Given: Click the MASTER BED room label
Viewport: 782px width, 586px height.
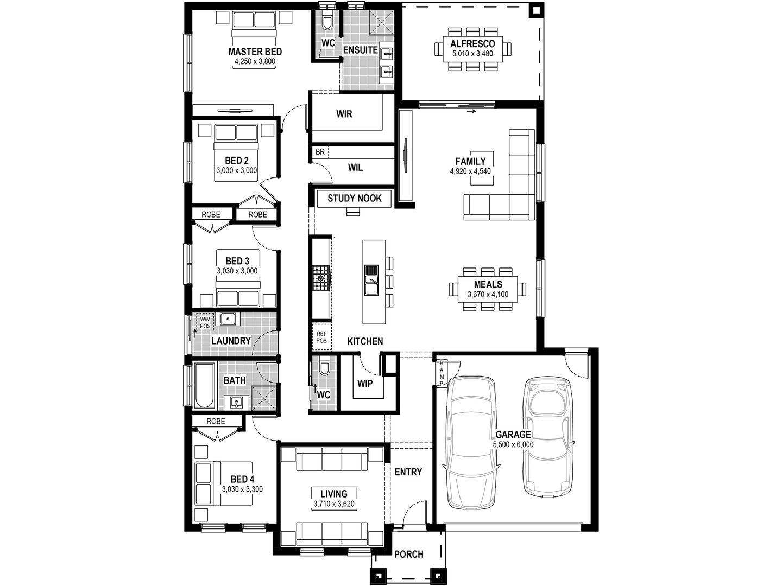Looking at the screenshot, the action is pos(255,52).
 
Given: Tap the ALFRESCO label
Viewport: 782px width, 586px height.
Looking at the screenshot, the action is pos(472,44).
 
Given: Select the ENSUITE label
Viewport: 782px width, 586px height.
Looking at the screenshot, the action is pos(360,50).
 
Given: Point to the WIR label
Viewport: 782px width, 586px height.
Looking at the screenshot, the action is pos(344,114).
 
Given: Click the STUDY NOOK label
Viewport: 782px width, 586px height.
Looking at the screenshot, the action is pos(355,199).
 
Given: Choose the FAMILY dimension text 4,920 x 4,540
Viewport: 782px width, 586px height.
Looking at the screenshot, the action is pos(470,171).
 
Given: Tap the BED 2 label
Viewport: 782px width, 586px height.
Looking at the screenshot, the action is pos(237,161).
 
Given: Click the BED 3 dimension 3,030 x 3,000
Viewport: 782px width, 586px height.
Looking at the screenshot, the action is pos(237,271).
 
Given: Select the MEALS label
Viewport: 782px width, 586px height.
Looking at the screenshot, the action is pos(488,284).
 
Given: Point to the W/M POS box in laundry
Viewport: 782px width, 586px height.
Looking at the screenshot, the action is pos(205,322).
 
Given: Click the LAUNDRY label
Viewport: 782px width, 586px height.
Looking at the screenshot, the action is pos(231,341).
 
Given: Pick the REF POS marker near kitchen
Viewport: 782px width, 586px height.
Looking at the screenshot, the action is pos(321,337).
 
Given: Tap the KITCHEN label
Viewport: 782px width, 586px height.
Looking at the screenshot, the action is pos(365,341).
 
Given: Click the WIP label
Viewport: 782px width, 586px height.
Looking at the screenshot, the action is pos(365,384).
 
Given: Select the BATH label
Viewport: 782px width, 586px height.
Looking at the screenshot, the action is pos(235,380).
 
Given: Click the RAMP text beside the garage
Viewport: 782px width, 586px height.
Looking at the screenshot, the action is pos(442,373).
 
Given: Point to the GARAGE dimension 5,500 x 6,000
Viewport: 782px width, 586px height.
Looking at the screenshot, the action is pos(513,445).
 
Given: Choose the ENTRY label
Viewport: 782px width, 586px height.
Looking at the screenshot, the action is pos(408,472).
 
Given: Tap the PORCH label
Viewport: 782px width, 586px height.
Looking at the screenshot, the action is pos(408,555).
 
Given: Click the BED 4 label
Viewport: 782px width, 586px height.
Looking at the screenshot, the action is pos(242,479).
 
